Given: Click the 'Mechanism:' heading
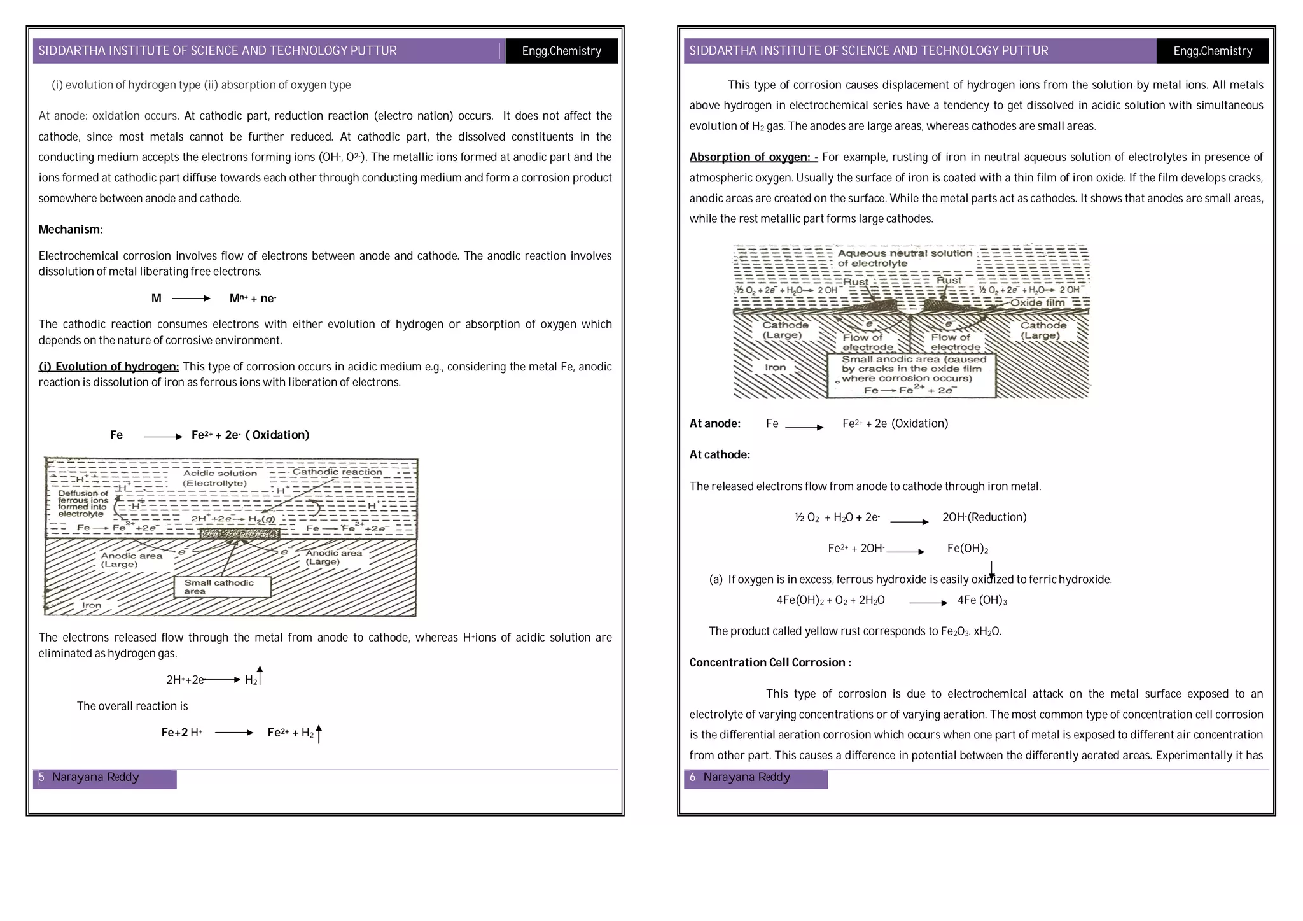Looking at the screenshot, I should (x=71, y=230).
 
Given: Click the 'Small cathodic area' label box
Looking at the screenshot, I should (x=221, y=587).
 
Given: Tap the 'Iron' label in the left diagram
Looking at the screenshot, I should (x=92, y=605).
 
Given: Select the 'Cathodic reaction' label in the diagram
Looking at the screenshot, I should (x=337, y=472).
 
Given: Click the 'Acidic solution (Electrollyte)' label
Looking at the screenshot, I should (x=219, y=478).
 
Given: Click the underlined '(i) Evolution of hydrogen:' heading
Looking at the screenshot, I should (x=109, y=367).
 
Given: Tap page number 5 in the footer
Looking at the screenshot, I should (x=42, y=777).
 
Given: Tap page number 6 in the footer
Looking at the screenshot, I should (x=693, y=777).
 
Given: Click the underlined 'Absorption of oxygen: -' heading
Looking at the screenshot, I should (x=753, y=157).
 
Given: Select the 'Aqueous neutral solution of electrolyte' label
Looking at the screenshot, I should (x=904, y=258).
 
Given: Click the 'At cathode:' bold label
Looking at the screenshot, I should (x=720, y=455).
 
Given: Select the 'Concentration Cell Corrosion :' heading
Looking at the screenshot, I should (x=770, y=663).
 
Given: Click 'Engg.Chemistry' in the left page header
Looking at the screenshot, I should (x=561, y=51).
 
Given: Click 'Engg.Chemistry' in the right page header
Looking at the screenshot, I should (x=1212, y=51).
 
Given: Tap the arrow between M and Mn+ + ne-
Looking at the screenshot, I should (x=191, y=299).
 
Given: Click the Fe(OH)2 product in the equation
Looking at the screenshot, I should (x=967, y=549).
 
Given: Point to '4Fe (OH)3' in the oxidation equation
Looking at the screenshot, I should (x=982, y=600).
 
